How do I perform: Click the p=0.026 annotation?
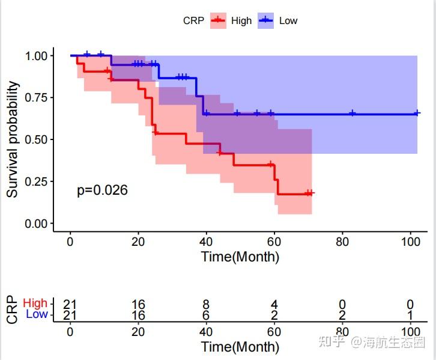coord(102,191)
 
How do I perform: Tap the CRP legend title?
coord(193,20)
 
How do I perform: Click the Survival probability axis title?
coord(13,139)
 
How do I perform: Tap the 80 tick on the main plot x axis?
coord(342,242)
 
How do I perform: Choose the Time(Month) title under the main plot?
coord(240,257)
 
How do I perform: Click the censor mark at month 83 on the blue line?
coord(353,113)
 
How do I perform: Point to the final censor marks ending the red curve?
coord(309,193)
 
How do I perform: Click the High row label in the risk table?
coord(35,304)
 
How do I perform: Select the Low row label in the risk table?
coord(37,314)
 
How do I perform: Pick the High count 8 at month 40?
coord(207,305)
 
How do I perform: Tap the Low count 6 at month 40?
coord(207,315)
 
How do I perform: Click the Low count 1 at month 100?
coord(410,315)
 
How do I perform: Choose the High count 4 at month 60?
coord(274,305)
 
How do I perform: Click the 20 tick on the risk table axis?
coord(138,332)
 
